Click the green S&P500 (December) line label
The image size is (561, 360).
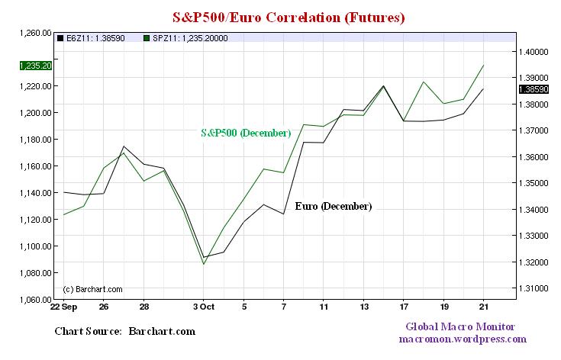245,133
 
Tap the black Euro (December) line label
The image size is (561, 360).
333,207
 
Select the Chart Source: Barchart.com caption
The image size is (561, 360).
125,332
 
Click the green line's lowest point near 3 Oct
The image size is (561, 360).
204,264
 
